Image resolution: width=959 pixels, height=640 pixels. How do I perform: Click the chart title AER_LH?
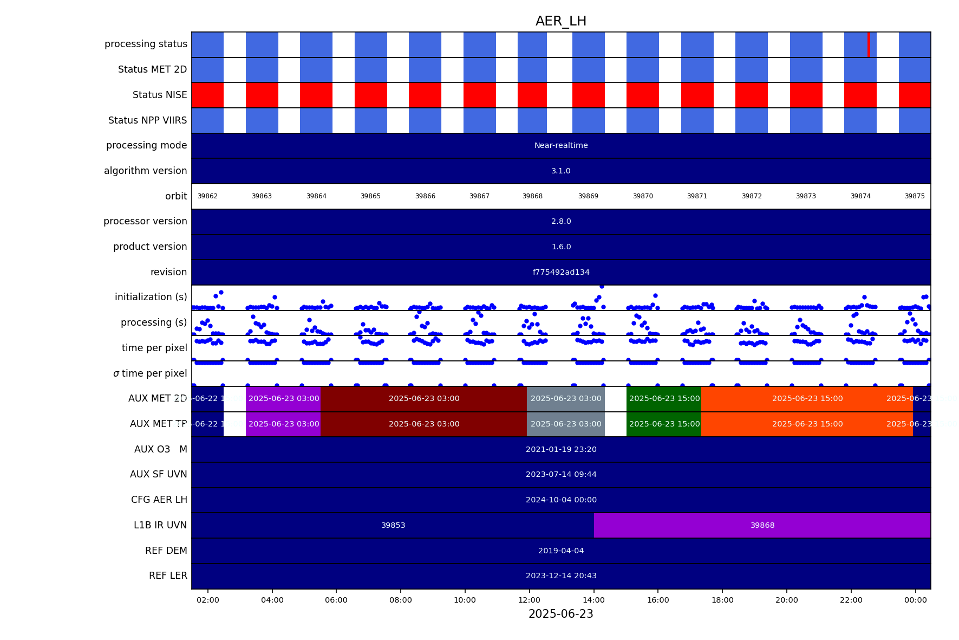560,21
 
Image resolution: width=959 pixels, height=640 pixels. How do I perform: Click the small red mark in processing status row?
869,44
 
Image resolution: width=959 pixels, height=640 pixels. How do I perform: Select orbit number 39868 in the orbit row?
532,196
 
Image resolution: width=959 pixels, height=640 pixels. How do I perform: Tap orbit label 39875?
915,196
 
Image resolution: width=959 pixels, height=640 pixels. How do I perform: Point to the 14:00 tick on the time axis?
593,600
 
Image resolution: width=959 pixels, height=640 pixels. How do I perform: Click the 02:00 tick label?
208,600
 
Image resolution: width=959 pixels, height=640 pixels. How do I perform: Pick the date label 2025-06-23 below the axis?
560,614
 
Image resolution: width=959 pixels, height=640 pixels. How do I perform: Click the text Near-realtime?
561,145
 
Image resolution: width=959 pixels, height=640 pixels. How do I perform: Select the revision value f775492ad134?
561,272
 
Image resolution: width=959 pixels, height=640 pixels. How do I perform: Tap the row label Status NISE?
160,95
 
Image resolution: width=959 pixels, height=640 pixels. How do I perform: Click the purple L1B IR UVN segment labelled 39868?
762,525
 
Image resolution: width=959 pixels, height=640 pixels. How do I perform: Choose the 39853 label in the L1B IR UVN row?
393,525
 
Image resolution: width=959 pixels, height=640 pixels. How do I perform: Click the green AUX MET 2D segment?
664,398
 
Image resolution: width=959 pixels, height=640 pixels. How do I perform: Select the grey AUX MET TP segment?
566,424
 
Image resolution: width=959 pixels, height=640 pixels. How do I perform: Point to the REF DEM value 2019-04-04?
561,551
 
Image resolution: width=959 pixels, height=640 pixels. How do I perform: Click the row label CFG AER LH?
159,500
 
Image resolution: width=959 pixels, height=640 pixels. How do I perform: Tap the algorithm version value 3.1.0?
561,171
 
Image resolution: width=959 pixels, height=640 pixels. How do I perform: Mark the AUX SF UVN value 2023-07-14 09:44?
561,474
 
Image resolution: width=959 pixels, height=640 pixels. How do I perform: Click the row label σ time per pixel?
150,373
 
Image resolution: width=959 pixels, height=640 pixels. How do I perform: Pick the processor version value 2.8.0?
561,221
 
